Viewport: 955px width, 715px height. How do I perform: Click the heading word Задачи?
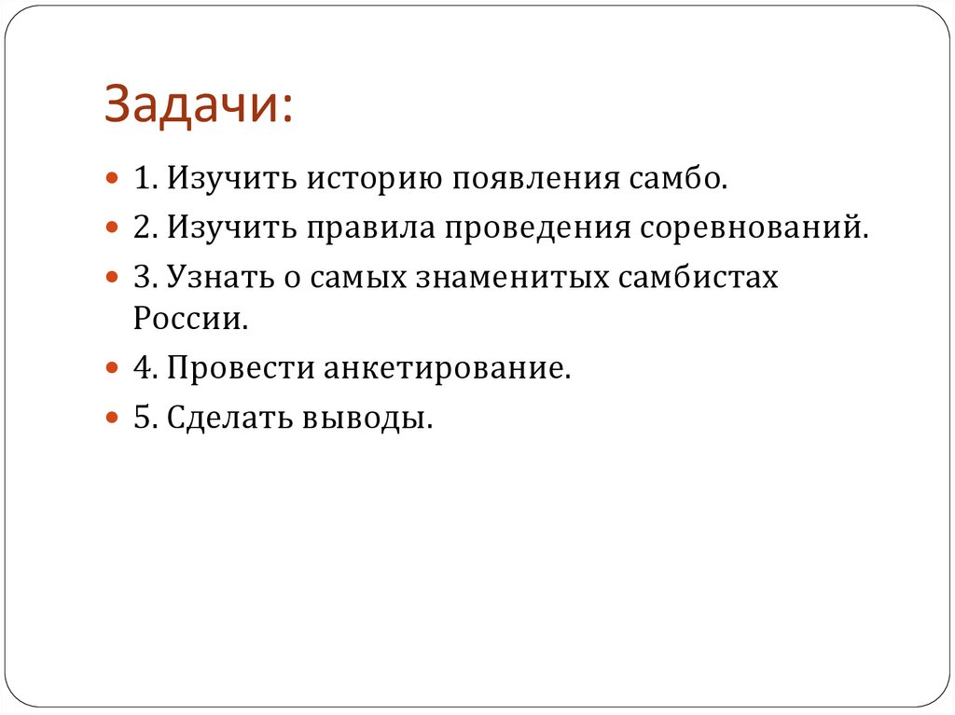(x=198, y=103)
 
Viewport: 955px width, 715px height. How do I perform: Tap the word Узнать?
(x=219, y=278)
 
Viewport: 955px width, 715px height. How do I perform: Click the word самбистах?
(x=697, y=278)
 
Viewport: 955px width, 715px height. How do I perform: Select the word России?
(x=190, y=319)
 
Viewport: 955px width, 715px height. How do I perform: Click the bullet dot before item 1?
(x=112, y=176)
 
